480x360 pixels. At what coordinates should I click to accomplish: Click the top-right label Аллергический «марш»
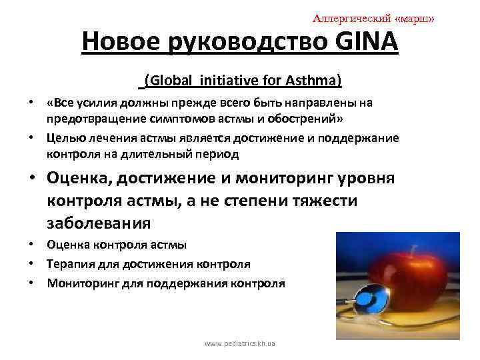(373, 18)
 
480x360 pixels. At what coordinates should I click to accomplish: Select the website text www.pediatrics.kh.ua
(240, 343)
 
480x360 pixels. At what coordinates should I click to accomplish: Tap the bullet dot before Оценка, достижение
(31, 180)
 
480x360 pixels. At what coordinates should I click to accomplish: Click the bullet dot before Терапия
(31, 264)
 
